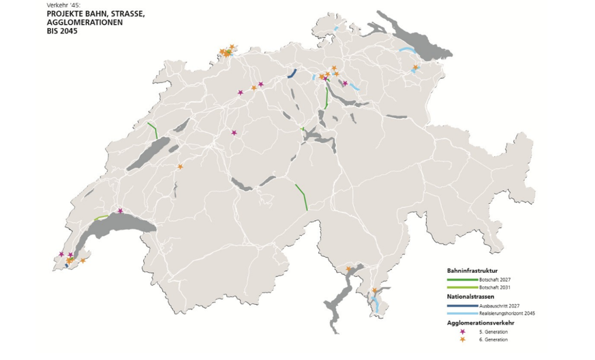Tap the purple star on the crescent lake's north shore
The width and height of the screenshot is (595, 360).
pos(121,211)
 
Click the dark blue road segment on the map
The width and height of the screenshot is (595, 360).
pos(292,74)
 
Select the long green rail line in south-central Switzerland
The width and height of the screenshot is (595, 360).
pos(301,196)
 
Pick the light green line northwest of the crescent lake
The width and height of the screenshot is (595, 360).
pos(101,218)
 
